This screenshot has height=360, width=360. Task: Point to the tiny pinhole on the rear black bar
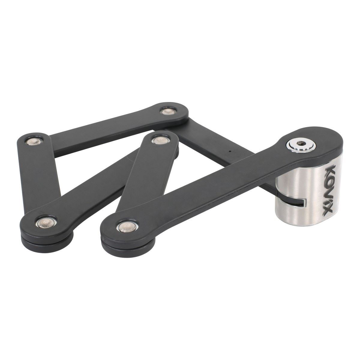pos(230,151)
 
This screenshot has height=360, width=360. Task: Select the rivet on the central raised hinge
pos(156,139)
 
